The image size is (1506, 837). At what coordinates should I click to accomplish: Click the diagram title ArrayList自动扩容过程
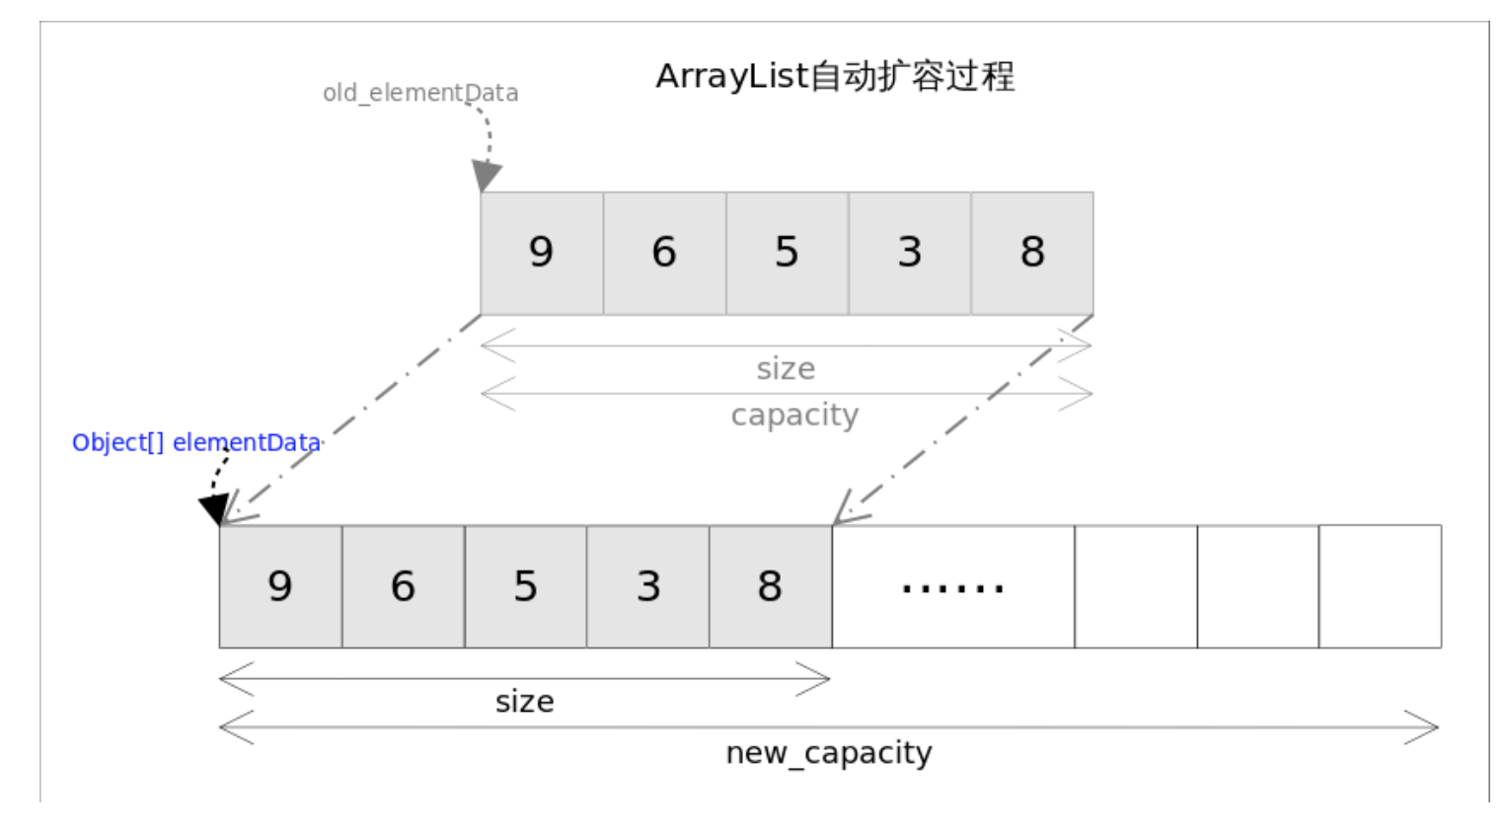(835, 76)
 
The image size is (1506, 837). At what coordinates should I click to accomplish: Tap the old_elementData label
(420, 93)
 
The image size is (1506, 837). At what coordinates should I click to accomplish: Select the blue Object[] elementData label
(196, 442)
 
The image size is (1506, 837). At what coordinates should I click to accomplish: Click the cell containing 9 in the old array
(542, 253)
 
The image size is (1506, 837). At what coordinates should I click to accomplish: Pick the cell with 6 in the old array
(664, 253)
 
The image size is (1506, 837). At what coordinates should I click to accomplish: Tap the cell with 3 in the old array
(909, 253)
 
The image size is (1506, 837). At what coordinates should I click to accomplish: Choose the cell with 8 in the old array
(1032, 253)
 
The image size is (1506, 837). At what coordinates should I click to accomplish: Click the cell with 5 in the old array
(787, 253)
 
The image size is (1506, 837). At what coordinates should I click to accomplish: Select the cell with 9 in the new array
(280, 586)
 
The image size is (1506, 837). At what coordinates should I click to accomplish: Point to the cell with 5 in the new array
(525, 586)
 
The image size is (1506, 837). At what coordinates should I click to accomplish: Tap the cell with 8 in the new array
(770, 586)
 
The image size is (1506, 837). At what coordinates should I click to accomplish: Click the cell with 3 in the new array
(647, 586)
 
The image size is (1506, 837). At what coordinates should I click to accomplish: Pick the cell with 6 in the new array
(403, 586)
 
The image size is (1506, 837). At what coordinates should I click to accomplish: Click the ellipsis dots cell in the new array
(952, 586)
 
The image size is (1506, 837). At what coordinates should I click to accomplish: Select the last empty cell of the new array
(1380, 586)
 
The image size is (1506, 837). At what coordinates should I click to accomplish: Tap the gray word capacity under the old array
(794, 415)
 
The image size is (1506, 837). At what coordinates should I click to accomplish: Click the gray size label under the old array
(786, 369)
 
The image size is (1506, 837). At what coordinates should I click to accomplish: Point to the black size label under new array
(524, 702)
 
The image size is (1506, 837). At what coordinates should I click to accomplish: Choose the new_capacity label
(829, 753)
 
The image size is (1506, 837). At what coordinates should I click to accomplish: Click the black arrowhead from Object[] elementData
(214, 508)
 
